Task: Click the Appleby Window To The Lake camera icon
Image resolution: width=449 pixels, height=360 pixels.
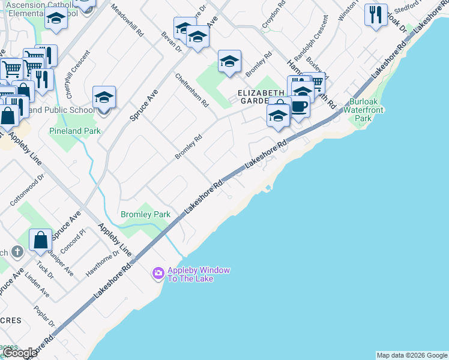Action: [158, 274]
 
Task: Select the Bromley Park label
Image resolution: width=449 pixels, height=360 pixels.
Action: [145, 214]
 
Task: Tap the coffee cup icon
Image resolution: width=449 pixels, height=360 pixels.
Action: [300, 107]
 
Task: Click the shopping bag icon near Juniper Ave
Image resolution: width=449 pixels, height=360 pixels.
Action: [41, 240]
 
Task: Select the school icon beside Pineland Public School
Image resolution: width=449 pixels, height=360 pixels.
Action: [104, 97]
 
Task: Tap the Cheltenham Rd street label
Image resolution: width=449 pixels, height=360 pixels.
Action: [192, 91]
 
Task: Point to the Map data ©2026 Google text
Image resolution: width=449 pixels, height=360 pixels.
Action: [412, 355]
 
